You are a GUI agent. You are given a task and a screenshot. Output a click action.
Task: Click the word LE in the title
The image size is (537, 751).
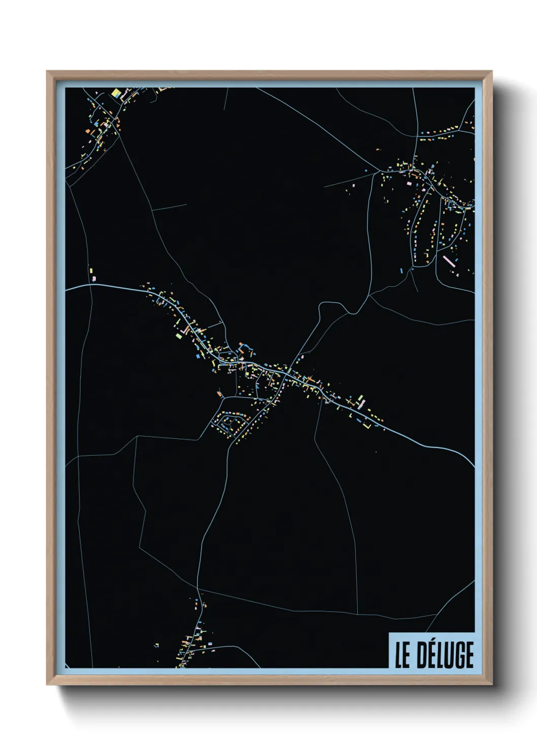pos(402,655)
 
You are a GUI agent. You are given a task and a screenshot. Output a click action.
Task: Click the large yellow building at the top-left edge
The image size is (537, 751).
pos(116,94)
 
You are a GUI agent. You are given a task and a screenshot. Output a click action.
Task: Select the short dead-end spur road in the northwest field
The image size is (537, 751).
pos(170,207)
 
